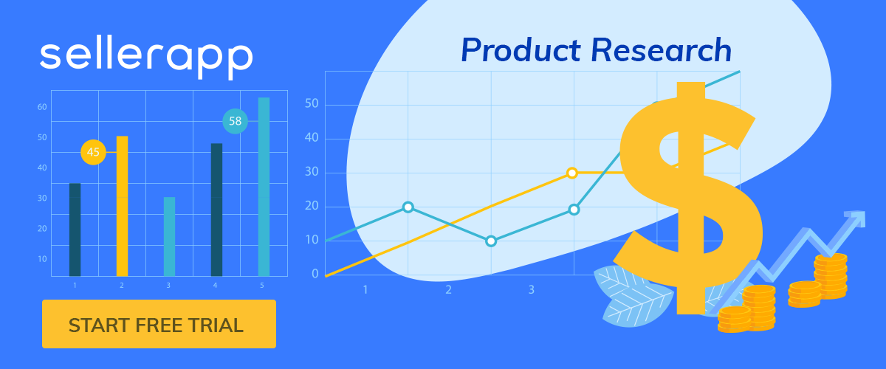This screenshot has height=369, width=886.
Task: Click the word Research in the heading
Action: pyautogui.click(x=661, y=50)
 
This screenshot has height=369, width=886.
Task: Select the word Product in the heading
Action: pyautogui.click(x=521, y=50)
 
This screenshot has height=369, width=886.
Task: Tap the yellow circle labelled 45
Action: pyautogui.click(x=93, y=152)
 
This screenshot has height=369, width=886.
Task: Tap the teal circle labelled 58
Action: pyautogui.click(x=236, y=121)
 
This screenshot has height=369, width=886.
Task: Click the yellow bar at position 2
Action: pyautogui.click(x=123, y=206)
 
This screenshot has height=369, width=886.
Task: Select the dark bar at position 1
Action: pyautogui.click(x=75, y=230)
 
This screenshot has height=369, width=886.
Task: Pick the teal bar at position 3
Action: pyautogui.click(x=169, y=236)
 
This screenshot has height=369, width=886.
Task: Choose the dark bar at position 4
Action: pyautogui.click(x=217, y=210)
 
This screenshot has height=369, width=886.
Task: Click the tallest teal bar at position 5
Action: pyautogui.click(x=264, y=187)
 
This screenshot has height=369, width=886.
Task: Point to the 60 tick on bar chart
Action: pyautogui.click(x=42, y=107)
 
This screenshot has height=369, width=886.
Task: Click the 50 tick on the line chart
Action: pyautogui.click(x=312, y=103)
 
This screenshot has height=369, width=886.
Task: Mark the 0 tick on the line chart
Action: pyautogui.click(x=315, y=274)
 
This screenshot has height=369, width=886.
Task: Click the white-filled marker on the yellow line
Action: pyautogui.click(x=572, y=173)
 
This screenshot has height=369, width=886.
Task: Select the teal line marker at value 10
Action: pyautogui.click(x=491, y=241)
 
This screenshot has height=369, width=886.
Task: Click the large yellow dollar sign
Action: pyautogui.click(x=689, y=198)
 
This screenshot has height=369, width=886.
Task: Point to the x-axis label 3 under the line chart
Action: pyautogui.click(x=532, y=290)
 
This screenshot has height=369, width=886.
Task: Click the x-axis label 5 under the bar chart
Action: pyautogui.click(x=262, y=285)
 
